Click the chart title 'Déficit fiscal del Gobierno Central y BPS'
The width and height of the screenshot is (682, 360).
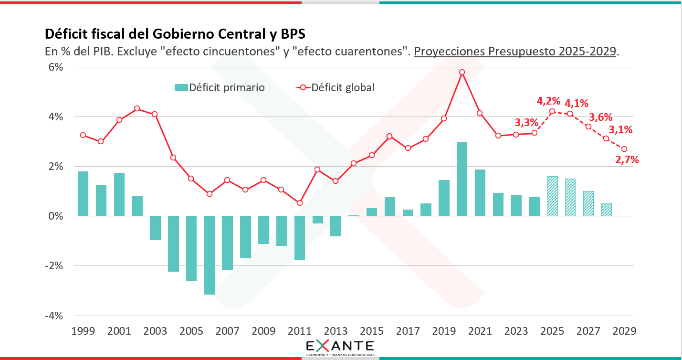pos(175,34)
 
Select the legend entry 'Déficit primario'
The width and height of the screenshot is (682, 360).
pos(220,87)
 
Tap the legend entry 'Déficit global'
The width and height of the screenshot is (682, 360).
pos(336,87)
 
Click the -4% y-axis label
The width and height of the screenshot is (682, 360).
pos(54,316)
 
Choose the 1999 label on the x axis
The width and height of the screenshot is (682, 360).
pos(83,331)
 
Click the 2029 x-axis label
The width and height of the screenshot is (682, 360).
pos(624,331)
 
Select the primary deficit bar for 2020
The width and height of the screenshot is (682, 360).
pos(462,179)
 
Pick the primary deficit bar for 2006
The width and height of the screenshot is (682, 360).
pos(209,255)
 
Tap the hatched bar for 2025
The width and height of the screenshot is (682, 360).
pos(552,196)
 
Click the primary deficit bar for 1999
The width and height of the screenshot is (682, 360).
pos(83,193)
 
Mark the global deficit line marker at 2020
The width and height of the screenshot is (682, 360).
pos(462,72)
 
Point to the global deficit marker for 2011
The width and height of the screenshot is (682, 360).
pos(300,203)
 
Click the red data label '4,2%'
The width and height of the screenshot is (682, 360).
pos(548,101)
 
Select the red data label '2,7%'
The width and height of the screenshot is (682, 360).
pos(627,160)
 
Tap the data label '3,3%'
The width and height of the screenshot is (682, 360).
pos(526,122)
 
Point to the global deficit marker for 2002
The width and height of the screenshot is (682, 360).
pos(137,108)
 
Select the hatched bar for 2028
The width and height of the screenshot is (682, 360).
pos(606,210)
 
